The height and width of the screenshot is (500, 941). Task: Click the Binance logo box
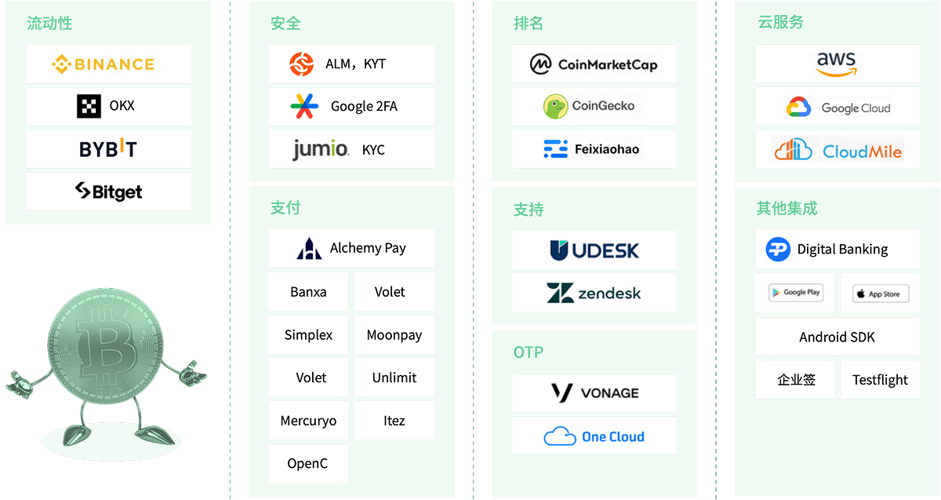(x=108, y=64)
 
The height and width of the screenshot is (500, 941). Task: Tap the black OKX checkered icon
(x=89, y=106)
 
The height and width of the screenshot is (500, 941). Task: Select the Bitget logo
(x=108, y=192)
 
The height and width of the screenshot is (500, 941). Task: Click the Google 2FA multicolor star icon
(x=304, y=106)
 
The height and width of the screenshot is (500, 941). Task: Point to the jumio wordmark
(x=321, y=149)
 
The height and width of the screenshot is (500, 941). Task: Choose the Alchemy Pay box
(x=351, y=249)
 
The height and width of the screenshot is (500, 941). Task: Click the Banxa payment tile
(x=308, y=292)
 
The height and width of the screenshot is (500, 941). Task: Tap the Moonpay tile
(x=394, y=334)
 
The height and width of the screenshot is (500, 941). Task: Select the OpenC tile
(x=308, y=463)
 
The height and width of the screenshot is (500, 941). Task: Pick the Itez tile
(x=394, y=420)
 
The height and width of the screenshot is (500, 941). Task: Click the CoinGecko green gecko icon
(x=555, y=107)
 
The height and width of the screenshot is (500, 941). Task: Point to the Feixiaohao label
(x=607, y=149)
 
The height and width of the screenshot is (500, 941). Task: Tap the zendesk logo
(x=594, y=293)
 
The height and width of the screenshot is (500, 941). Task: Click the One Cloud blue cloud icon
(x=560, y=436)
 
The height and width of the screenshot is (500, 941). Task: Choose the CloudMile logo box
(x=837, y=150)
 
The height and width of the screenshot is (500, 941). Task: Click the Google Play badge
(x=796, y=292)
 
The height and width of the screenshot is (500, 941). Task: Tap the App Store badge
(x=881, y=294)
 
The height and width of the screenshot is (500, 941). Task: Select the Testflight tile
(x=880, y=380)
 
